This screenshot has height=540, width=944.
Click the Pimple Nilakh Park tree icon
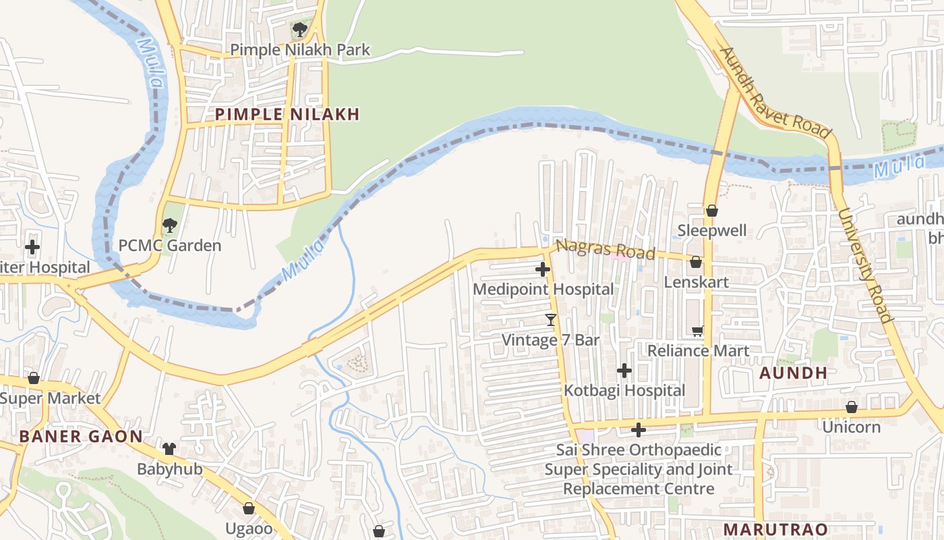299,30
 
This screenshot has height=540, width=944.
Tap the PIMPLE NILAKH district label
287,115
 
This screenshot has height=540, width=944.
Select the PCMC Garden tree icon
170,225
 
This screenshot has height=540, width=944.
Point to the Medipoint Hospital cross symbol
543,270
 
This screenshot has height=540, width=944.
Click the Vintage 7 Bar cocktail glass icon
551,319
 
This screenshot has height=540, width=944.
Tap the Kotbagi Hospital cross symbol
624,371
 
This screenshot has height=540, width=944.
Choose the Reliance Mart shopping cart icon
698,331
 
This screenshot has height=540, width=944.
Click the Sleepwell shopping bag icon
711,211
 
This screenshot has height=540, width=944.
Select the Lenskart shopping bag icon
696,262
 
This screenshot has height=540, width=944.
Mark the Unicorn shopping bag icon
852,407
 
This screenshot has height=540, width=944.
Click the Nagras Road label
606,249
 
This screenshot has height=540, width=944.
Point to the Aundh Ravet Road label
775,93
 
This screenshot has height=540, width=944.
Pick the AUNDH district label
794,373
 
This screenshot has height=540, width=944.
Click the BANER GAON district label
81,437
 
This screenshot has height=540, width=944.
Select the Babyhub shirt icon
169,449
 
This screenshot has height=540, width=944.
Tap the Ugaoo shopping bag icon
249,508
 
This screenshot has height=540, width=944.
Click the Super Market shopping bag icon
33,378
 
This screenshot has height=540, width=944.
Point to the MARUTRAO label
775,530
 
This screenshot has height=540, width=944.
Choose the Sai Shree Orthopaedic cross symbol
639,430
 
